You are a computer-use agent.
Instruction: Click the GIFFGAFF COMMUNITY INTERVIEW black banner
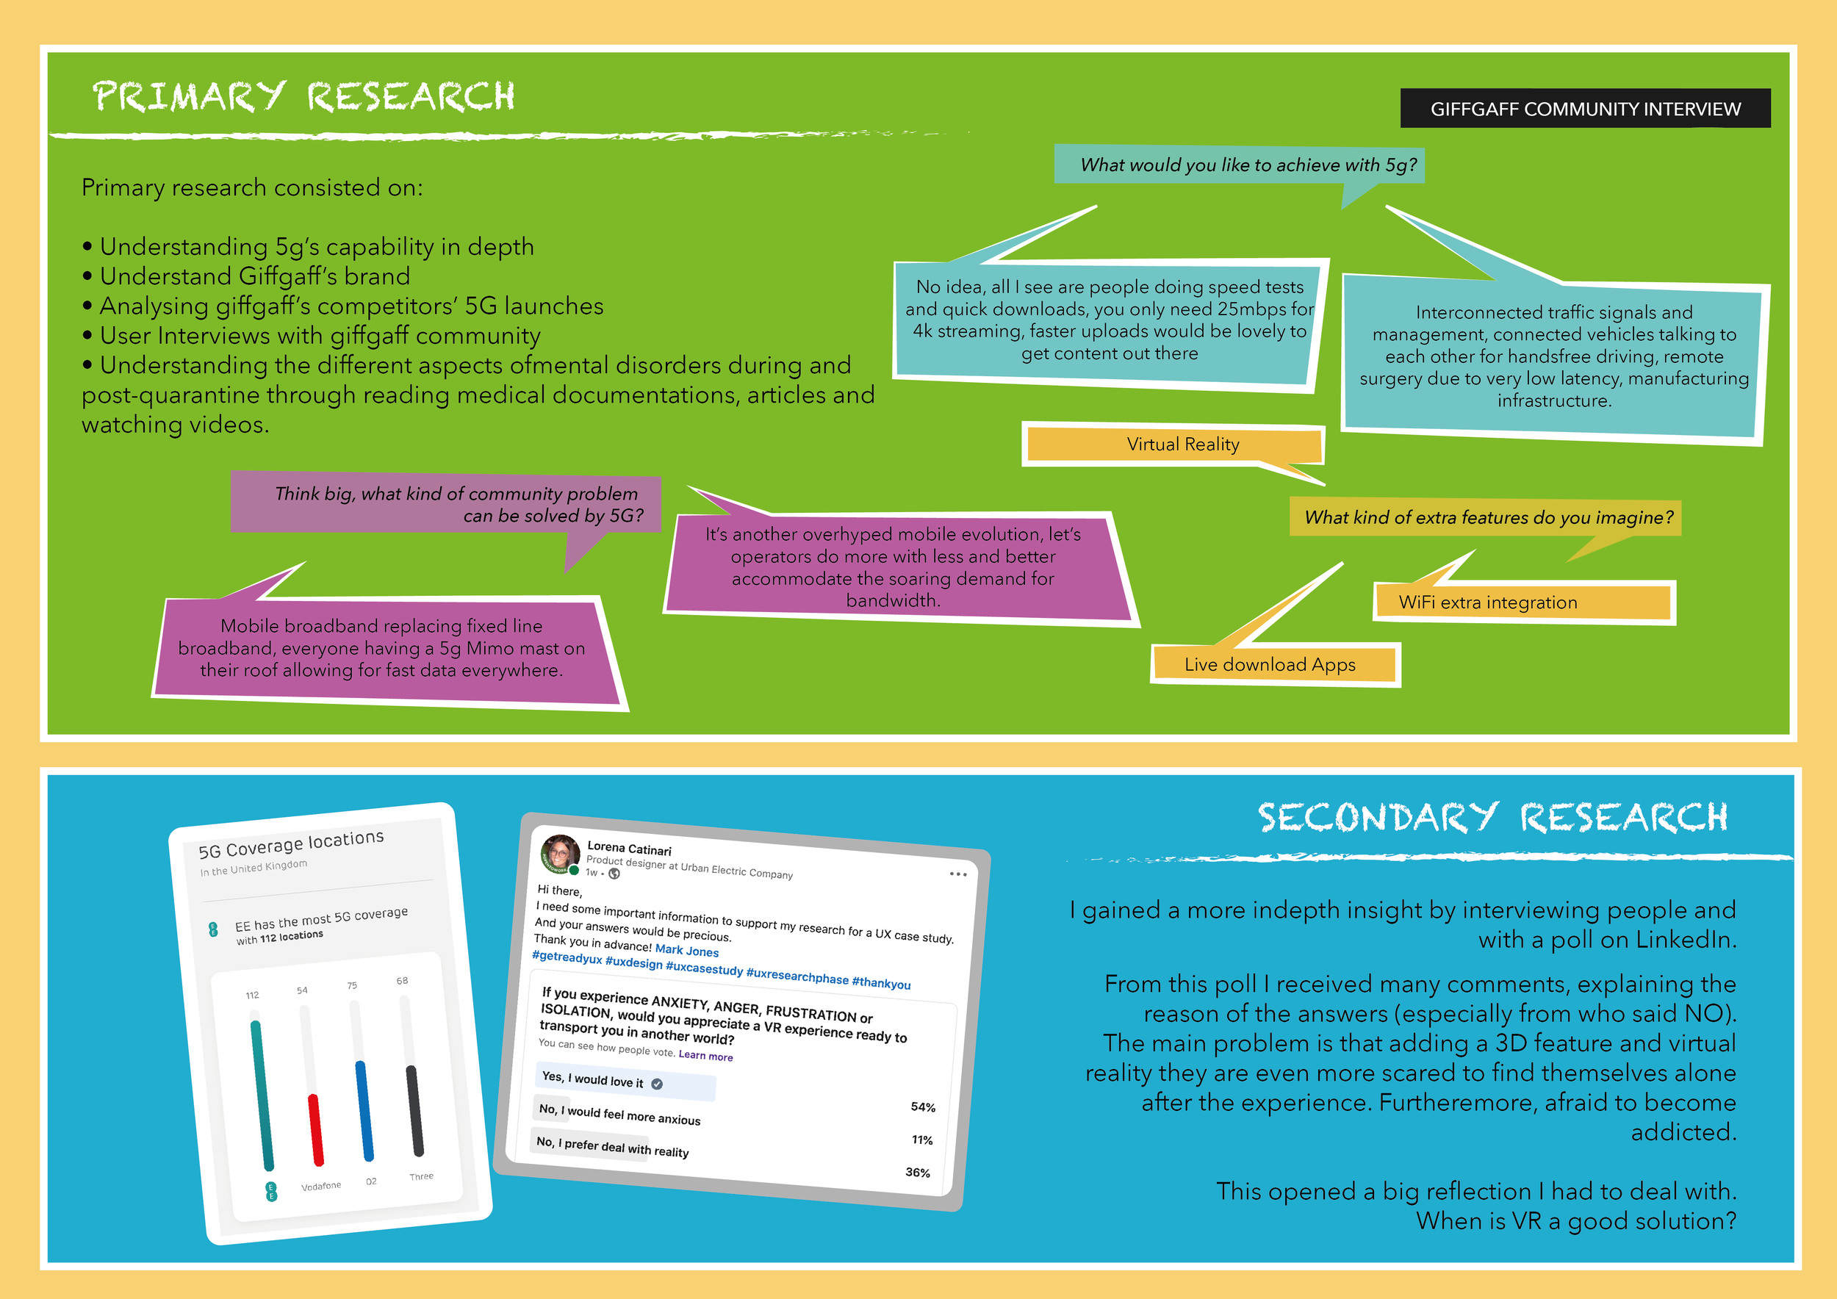(x=1584, y=109)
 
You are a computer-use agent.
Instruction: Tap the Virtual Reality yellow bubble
(x=1182, y=445)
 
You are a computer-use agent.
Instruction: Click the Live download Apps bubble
(x=1270, y=665)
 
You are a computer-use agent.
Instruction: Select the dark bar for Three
(x=414, y=1111)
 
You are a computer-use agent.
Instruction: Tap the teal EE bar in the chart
(x=262, y=1095)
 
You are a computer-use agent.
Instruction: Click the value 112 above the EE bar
(x=252, y=995)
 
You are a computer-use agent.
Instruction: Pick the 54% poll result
(x=922, y=1107)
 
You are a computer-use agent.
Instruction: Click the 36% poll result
(x=918, y=1173)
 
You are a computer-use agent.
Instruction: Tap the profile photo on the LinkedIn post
(x=560, y=854)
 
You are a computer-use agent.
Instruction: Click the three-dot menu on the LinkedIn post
(x=957, y=874)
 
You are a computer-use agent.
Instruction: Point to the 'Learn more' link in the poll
(x=705, y=1056)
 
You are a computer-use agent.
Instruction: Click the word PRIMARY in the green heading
(x=189, y=97)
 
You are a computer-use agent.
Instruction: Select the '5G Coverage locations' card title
(x=291, y=844)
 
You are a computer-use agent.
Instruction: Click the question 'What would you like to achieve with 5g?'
(x=1248, y=165)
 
